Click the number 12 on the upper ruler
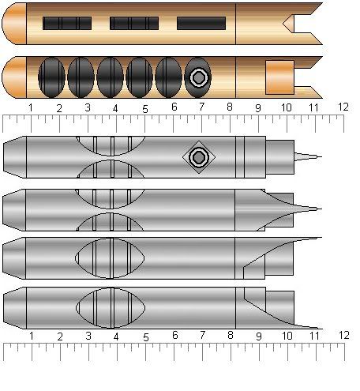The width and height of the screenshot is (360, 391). pos(343,107)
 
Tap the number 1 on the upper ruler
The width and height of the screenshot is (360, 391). pos(31,107)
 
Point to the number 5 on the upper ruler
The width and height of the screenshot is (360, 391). pos(145,109)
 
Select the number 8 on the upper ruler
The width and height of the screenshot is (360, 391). pos(230,107)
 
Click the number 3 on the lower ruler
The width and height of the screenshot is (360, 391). pos(88,336)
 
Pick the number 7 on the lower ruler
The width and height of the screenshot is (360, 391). pos(202,335)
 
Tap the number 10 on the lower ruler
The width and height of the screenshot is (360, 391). pos(287,336)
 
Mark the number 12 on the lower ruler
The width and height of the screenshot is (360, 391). pos(344,335)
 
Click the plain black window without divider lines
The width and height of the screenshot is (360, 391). pos(201,23)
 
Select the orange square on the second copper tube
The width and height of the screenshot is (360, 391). pos(279,77)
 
